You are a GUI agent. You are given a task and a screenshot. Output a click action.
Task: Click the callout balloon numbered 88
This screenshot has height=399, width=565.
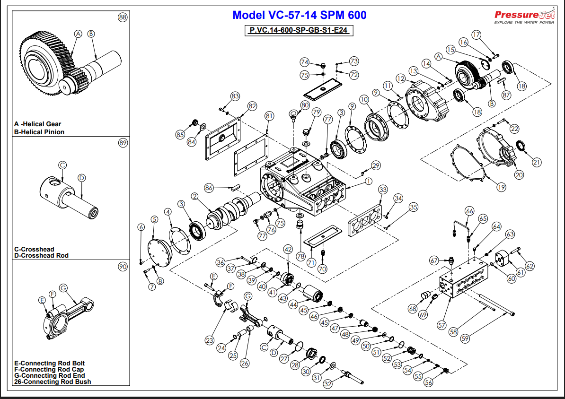click(x=123, y=17)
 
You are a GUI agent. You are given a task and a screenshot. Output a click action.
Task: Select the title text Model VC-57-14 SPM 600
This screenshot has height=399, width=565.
click(x=299, y=15)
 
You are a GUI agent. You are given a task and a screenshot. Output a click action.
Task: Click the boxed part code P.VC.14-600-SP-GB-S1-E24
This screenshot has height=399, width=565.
click(x=299, y=30)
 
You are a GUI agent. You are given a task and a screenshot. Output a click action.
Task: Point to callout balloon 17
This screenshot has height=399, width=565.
click(x=476, y=35)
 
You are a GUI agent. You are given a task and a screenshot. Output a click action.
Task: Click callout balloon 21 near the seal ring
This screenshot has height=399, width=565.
click(x=536, y=162)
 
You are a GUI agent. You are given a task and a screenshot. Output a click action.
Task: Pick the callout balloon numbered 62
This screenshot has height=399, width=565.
click(x=530, y=266)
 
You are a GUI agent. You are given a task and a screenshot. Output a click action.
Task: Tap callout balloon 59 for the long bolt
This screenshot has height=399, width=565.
click(x=465, y=338)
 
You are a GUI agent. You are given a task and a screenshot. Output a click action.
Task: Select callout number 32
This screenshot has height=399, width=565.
click(x=327, y=384)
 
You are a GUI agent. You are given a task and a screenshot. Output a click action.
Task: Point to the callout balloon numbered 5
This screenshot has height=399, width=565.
click(x=154, y=219)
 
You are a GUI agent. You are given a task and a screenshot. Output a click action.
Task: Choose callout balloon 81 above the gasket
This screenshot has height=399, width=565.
click(x=269, y=115)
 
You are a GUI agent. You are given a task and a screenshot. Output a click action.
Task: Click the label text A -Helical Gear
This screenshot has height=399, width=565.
click(x=38, y=124)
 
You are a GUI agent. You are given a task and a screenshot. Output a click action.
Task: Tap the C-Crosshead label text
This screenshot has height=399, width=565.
click(x=34, y=249)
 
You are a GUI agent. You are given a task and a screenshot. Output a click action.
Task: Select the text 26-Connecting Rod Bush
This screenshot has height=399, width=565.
click(x=53, y=382)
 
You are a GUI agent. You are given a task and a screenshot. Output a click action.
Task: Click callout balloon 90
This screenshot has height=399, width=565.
click(x=123, y=267)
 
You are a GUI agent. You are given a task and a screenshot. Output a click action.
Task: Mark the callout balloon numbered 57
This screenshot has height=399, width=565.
click(x=441, y=325)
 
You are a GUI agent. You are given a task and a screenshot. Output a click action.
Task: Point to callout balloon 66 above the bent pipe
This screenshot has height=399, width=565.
click(x=469, y=211)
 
